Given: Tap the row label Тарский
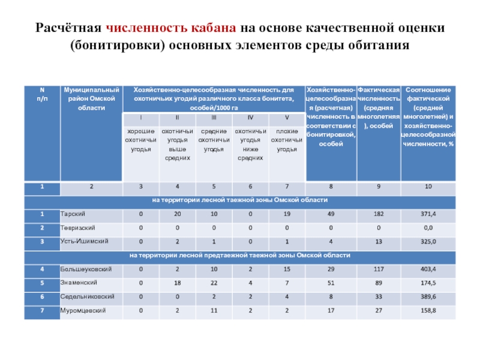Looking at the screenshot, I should (x=72, y=214).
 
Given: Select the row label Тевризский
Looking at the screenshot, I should (x=77, y=228).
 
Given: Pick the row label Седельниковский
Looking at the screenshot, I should (x=84, y=296).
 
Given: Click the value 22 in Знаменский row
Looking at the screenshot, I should (x=214, y=283).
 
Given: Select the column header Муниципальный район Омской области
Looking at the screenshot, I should (x=92, y=98).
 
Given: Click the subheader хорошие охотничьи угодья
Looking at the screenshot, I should (x=141, y=140).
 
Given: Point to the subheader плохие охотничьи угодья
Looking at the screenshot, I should (x=287, y=140).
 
